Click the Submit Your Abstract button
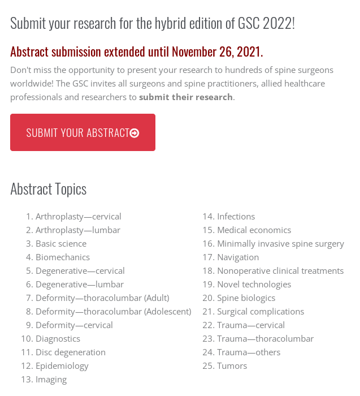(83, 132)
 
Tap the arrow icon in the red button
(135, 133)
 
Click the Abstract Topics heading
(49, 189)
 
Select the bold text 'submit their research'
(186, 97)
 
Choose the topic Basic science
(61, 244)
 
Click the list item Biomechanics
(63, 257)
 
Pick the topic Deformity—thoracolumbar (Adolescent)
(113, 312)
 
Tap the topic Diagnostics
(58, 339)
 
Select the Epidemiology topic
(62, 366)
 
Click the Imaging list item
(51, 380)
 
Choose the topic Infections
(236, 217)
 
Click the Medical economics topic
(254, 230)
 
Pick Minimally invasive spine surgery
(280, 244)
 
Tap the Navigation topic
(238, 257)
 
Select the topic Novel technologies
(254, 285)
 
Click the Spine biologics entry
(246, 298)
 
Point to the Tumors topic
(232, 366)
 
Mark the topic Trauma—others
(249, 352)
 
